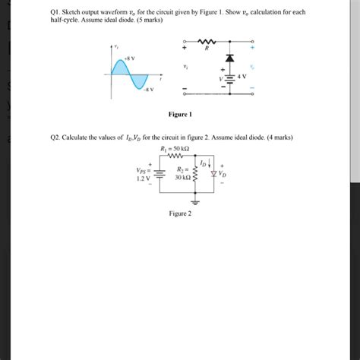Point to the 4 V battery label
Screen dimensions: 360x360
click(242, 77)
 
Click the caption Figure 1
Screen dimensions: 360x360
click(180, 114)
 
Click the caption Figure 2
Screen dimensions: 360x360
click(180, 213)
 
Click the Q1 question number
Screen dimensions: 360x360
click(54, 13)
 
